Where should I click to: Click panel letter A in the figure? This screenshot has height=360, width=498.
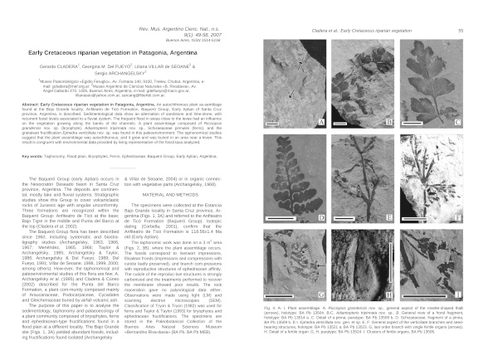[x=320, y=122]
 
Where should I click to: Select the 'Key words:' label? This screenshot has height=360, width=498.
[x=33, y=155]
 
